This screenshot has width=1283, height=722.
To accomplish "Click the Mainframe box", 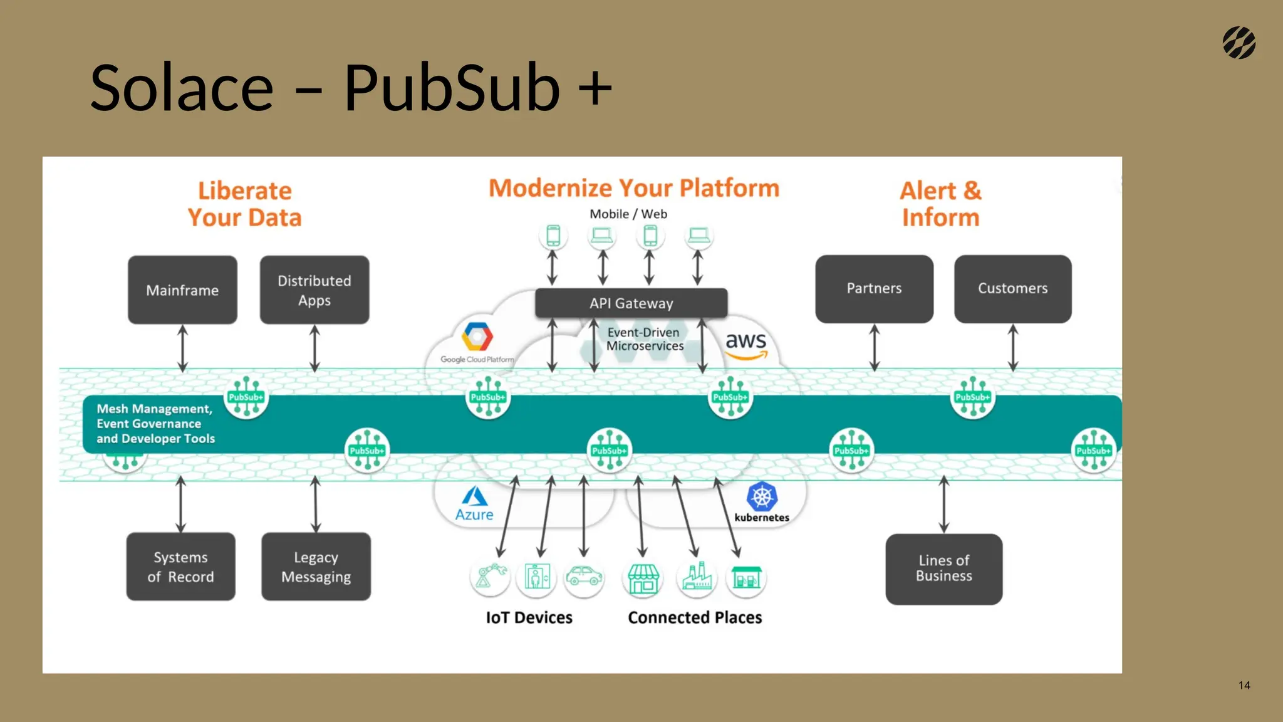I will pos(182,290).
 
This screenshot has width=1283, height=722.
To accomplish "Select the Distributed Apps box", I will pos(314,290).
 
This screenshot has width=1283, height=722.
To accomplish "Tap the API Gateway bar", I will pos(631,303).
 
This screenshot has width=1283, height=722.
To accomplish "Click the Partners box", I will pos(874,288).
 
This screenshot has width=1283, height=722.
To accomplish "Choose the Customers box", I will pos(1012,288).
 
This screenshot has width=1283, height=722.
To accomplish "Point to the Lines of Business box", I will pos(943,568).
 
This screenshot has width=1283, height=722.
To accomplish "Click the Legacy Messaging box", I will pos(316,567).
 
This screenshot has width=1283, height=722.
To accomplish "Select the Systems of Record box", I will pos(180,567).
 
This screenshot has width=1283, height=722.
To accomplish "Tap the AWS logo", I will pos(746,345).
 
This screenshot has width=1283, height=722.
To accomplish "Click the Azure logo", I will pos(474,504).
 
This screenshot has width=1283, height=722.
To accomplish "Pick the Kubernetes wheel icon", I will pos(762,497).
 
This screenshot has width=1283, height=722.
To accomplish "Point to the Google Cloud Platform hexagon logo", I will pos(477,337).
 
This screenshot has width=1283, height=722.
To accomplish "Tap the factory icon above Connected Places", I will pos(697,577).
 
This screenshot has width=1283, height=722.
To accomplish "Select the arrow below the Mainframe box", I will pos(182,348).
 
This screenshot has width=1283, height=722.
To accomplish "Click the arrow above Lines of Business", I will pos(943,505).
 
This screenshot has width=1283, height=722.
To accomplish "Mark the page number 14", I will pos(1244,685).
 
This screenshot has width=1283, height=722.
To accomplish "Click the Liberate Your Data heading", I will pos(244,204).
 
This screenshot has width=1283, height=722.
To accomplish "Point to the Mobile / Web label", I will pos(628,214).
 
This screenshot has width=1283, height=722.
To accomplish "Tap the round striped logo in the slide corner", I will pos(1239,43).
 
